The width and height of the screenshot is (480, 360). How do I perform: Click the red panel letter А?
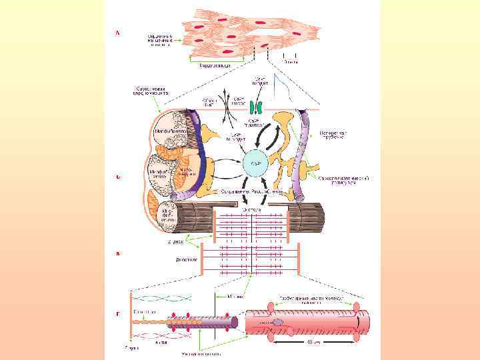tap(118, 31)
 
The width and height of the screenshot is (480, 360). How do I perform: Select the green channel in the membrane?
tap(255, 107)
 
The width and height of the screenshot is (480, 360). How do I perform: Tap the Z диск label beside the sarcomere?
tap(175, 242)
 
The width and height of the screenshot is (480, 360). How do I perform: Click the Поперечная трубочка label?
tap(335, 135)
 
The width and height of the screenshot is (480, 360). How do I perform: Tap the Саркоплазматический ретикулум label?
tap(343, 180)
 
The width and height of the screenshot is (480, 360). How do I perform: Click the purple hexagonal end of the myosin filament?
tap(234, 323)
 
